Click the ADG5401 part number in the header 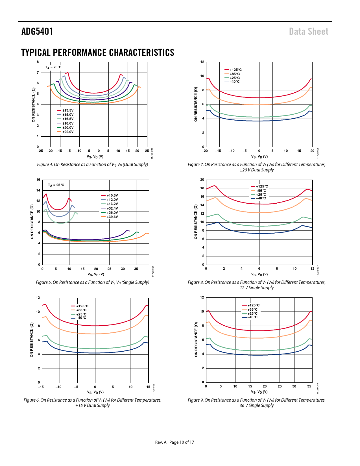[x=37, y=31]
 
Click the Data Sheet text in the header [x=309, y=31]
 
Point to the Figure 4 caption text [x=93, y=165]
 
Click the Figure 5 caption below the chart [x=93, y=282]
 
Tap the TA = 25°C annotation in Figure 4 [x=53, y=67]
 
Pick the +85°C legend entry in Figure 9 [x=252, y=310]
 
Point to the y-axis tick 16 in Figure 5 [x=38, y=180]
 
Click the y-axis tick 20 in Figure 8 [x=202, y=180]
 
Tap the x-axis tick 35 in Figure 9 [x=309, y=386]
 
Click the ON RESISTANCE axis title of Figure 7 [x=196, y=104]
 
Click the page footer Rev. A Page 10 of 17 [x=175, y=442]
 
